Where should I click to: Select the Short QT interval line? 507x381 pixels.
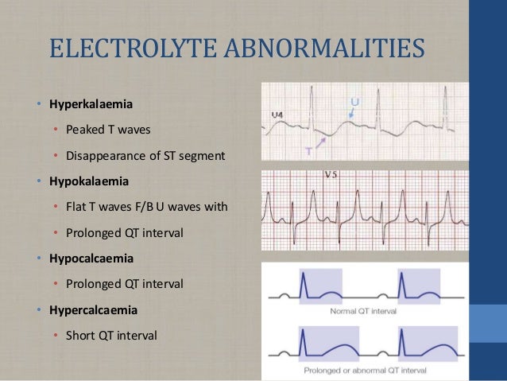pos(112,335)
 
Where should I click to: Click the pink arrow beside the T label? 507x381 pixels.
pos(319,141)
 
